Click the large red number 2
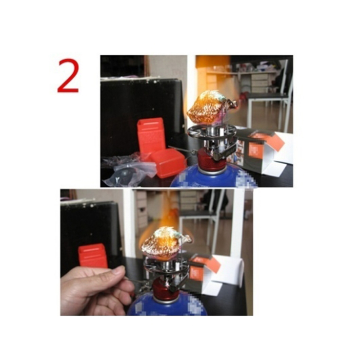68,76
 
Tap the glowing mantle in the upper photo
210,107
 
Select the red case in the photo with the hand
93,256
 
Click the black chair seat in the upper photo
267,95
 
